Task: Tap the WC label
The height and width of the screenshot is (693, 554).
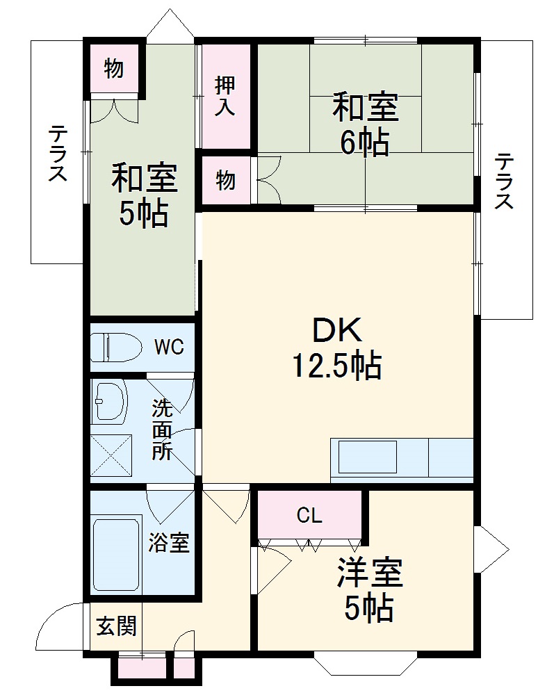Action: tap(169, 346)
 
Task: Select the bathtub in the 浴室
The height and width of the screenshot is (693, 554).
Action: tap(117, 552)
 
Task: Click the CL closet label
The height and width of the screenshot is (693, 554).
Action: tap(309, 515)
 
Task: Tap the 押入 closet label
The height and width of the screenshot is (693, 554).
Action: tap(225, 96)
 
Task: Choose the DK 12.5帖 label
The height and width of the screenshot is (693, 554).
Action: tap(336, 349)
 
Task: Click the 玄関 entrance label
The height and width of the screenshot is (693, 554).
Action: tap(116, 626)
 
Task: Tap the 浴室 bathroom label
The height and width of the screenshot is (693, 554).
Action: tap(169, 543)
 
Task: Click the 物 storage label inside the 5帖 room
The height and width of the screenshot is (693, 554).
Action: tap(114, 69)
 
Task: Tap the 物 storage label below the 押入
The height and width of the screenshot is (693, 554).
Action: tap(225, 181)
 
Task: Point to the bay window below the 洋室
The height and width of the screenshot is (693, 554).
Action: tap(364, 665)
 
